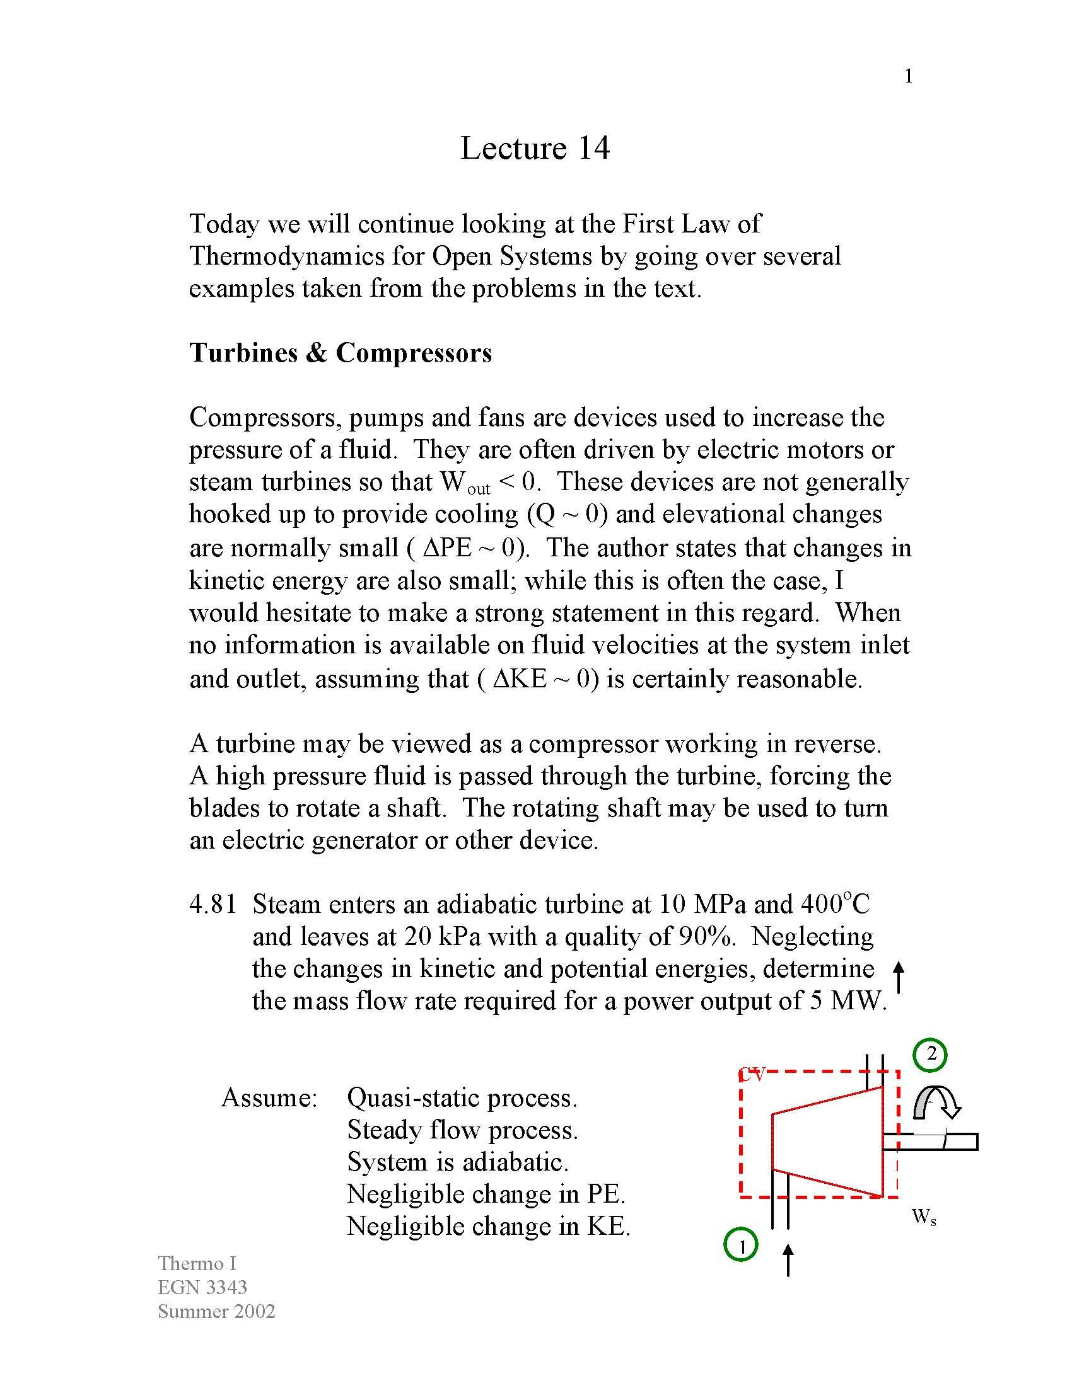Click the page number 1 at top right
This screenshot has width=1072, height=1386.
[x=908, y=77]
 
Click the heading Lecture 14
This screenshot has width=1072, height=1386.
[x=535, y=148]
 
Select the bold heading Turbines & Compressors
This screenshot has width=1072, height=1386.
[x=341, y=353]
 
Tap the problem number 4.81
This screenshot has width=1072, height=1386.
[x=213, y=904]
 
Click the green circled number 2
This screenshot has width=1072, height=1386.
[x=930, y=1054]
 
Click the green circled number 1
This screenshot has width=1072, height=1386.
[x=740, y=1245]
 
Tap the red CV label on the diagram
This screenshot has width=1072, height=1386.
[x=753, y=1075]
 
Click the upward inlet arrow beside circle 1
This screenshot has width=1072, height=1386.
[x=788, y=1260]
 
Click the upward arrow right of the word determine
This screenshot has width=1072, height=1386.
[x=899, y=976]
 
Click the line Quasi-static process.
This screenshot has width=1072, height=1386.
[x=462, y=1098]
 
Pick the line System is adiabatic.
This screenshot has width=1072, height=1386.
[x=457, y=1162]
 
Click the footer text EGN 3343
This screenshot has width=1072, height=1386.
[x=202, y=1287]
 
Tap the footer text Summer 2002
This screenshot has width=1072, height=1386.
[x=216, y=1311]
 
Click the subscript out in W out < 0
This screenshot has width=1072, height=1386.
[x=479, y=490]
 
